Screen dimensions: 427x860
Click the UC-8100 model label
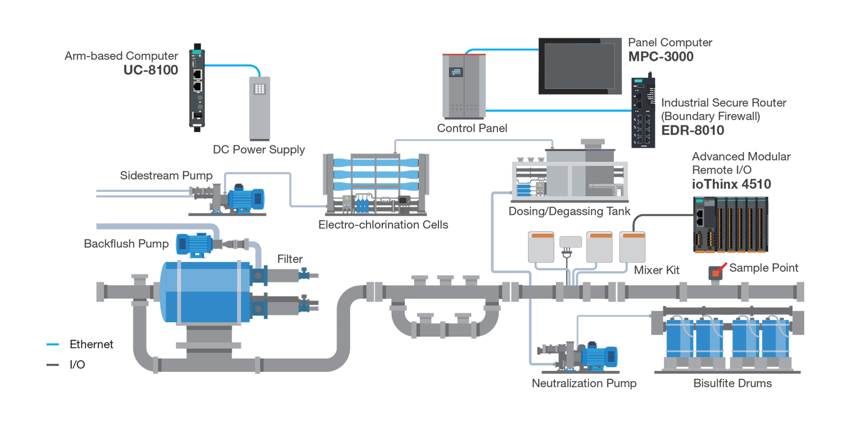pos(151,70)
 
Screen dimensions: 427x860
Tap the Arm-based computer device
pos(197,88)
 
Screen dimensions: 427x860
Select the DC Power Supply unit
pos(259,108)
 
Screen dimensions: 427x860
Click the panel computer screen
pos(580,66)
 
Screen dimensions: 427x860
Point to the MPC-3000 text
pos(661,57)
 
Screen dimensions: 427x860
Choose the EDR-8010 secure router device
pos(643,113)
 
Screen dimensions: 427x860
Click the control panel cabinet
pos(463,86)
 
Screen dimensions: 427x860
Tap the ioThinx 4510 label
pos(731,184)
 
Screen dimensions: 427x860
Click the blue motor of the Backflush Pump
pos(194,244)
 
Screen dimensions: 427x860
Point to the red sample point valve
pos(717,271)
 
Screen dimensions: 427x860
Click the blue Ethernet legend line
pos(53,344)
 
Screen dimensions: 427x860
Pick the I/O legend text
pos(77,365)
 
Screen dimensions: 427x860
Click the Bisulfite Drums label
pos(733,383)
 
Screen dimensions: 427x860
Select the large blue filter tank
pos(205,292)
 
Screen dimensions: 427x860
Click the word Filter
pos(290,259)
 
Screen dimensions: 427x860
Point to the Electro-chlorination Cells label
pos(383,225)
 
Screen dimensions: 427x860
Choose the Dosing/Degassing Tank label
pos(569,212)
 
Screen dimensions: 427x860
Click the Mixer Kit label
pos(656,270)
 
